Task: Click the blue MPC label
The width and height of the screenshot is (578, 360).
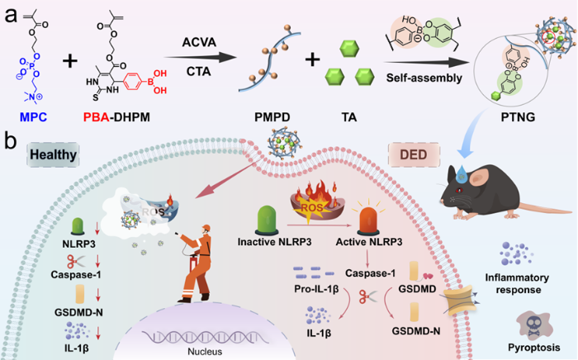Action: pos(34,117)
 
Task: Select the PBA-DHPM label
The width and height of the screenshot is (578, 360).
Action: pos(116,117)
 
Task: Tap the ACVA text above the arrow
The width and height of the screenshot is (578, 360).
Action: pos(199,42)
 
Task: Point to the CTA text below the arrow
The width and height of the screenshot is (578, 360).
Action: pos(199,71)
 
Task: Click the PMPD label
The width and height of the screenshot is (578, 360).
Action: pos(272,117)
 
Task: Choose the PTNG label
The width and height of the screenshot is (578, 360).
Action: pos(518,117)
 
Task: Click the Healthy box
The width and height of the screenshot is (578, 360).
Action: pos(53,154)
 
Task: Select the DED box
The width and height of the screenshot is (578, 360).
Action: pos(414,154)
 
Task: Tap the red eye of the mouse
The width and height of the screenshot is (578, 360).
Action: pos(458,190)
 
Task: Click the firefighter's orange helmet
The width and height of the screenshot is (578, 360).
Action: pos(206,227)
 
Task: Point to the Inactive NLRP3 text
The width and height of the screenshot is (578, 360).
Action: pos(274,242)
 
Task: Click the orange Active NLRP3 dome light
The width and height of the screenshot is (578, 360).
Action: pos(368,221)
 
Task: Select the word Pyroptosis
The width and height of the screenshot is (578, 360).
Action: pos(533,347)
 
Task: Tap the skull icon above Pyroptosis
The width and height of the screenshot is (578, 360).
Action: pos(533,326)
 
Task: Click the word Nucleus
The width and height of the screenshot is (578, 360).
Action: pos(205,352)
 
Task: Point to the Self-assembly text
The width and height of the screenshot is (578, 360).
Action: pos(424,78)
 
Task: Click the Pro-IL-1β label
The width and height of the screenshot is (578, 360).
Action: pos(316,288)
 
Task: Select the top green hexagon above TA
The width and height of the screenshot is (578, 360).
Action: pos(349,48)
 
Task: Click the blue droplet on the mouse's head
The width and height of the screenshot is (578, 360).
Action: pos(461,174)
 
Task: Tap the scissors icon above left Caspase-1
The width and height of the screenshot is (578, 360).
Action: pos(76,261)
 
